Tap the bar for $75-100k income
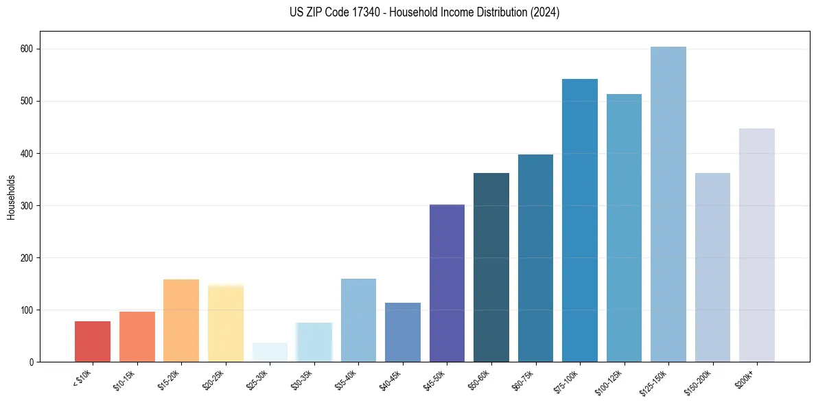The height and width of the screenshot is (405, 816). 579,220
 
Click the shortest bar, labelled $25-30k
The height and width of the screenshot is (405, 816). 270,352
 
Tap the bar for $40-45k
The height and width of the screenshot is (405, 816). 402,332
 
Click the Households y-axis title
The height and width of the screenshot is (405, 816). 11,196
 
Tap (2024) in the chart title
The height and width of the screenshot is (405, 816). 545,12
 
